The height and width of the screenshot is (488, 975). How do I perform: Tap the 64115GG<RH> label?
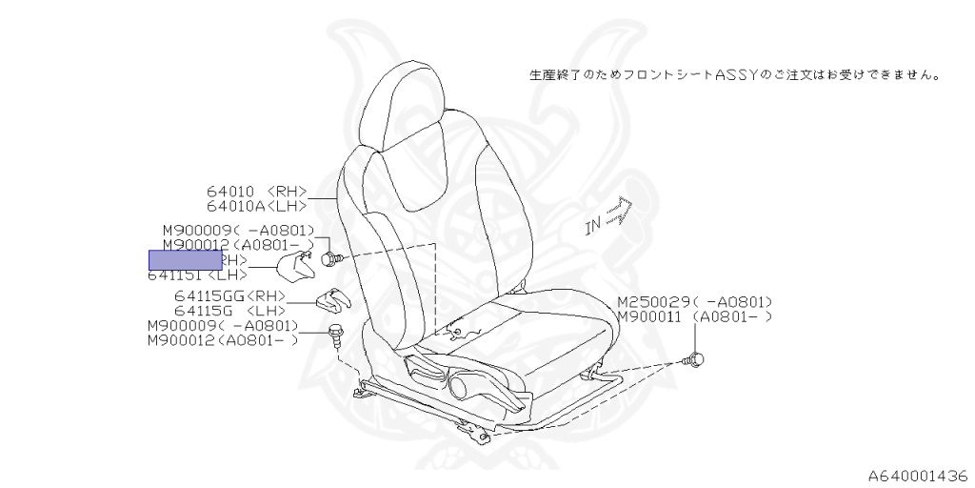point(229,296)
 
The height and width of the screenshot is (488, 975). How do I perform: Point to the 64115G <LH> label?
point(229,311)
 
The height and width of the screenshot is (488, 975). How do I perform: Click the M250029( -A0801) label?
point(694,301)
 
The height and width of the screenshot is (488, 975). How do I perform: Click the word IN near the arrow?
point(593,227)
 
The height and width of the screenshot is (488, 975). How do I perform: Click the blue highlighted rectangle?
point(185,259)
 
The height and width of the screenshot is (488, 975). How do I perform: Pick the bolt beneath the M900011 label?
point(696,359)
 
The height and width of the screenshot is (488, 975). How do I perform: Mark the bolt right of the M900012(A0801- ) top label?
point(329,258)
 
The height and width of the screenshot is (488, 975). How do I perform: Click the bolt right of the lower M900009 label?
point(334,332)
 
